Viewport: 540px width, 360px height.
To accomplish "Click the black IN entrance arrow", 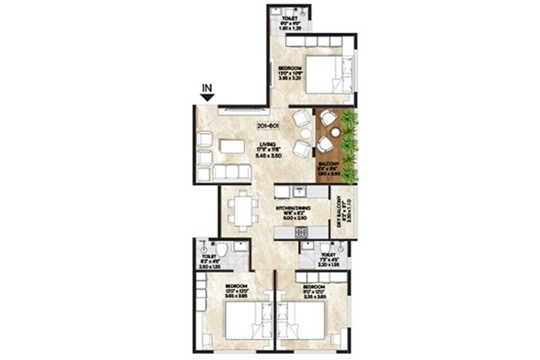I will point(207,97).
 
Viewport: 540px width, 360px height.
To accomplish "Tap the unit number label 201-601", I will point(269,126).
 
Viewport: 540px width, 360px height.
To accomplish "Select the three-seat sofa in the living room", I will point(232,172).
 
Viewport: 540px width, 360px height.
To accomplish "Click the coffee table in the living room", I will point(233,146).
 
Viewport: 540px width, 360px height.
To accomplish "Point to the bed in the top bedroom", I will point(325,75).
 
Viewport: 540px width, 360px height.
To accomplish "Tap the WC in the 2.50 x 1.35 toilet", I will point(221,249).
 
